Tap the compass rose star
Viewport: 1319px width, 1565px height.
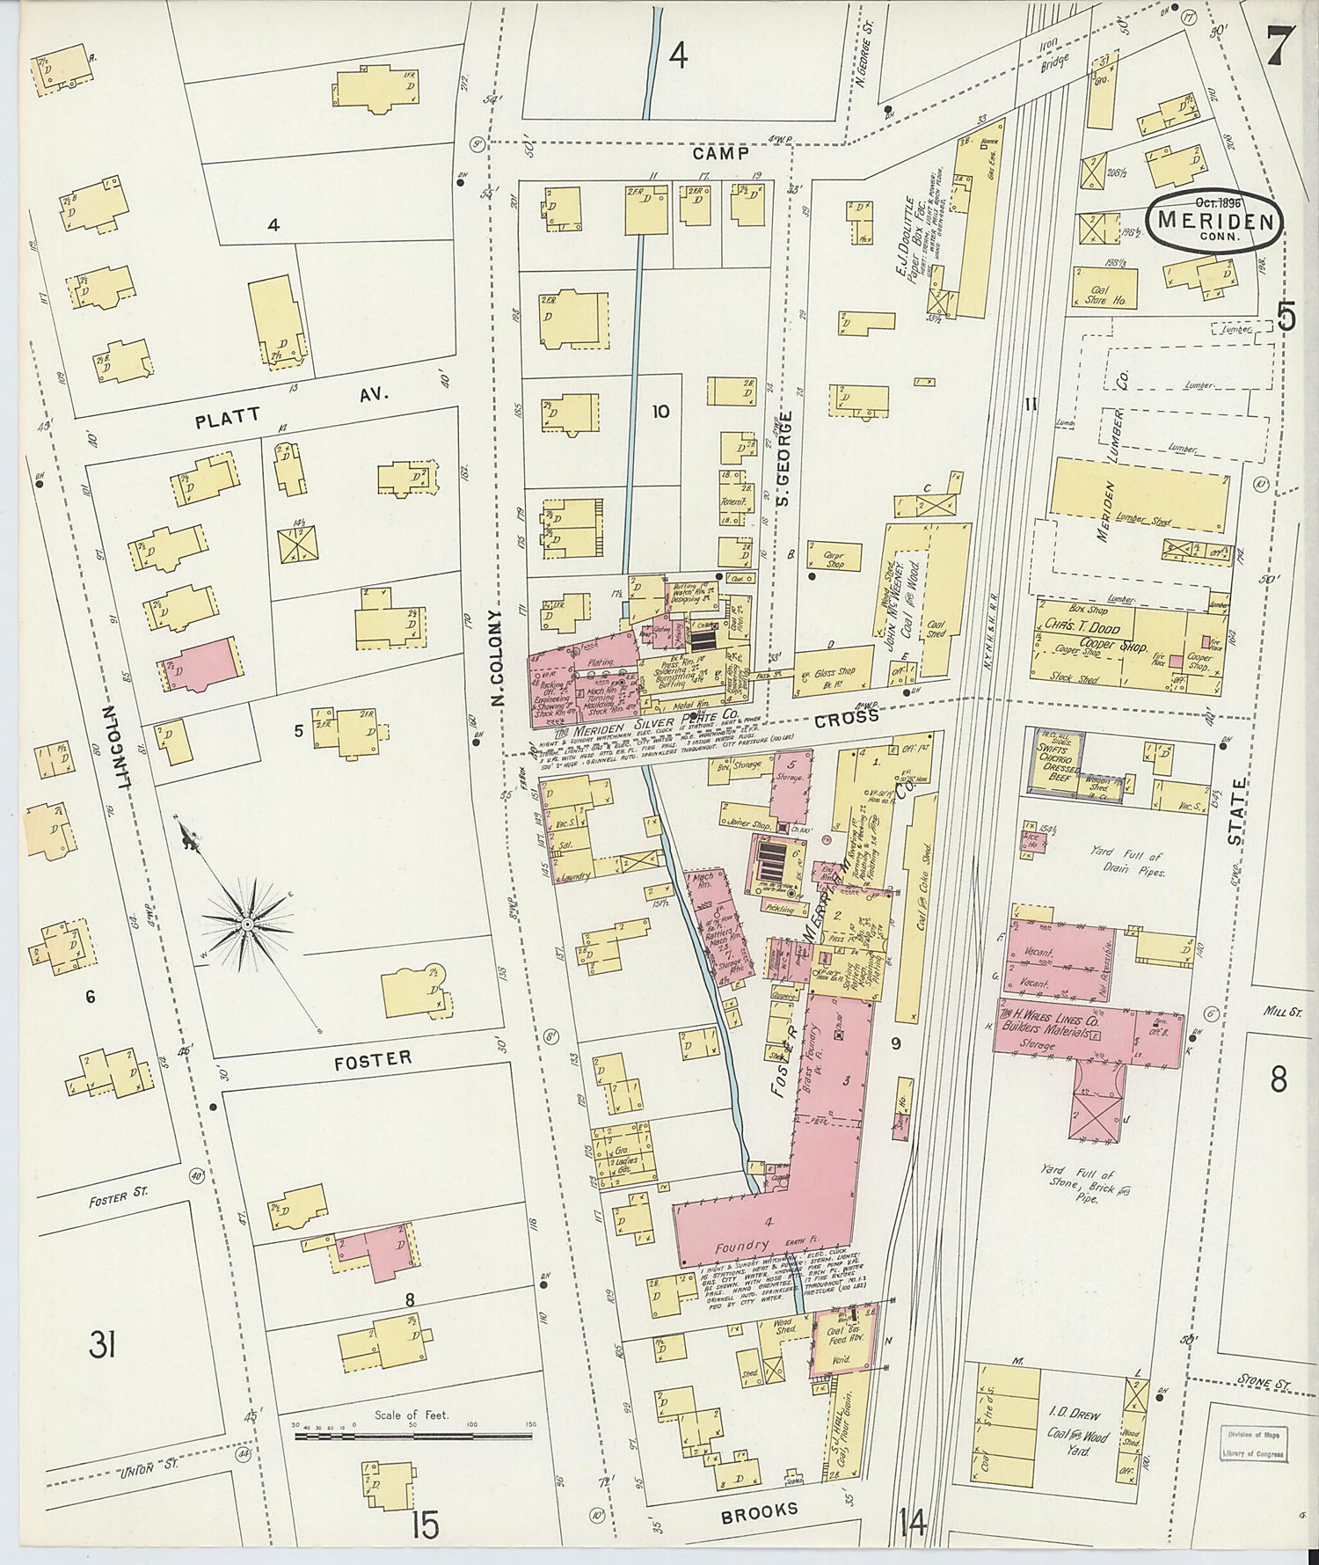pyautogui.click(x=249, y=924)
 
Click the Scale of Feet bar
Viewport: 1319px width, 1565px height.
pyautogui.click(x=413, y=1437)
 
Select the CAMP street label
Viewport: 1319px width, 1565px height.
pyautogui.click(x=721, y=154)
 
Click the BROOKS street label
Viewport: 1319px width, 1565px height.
pyautogui.click(x=759, y=1511)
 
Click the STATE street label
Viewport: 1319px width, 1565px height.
pyautogui.click(x=1238, y=810)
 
